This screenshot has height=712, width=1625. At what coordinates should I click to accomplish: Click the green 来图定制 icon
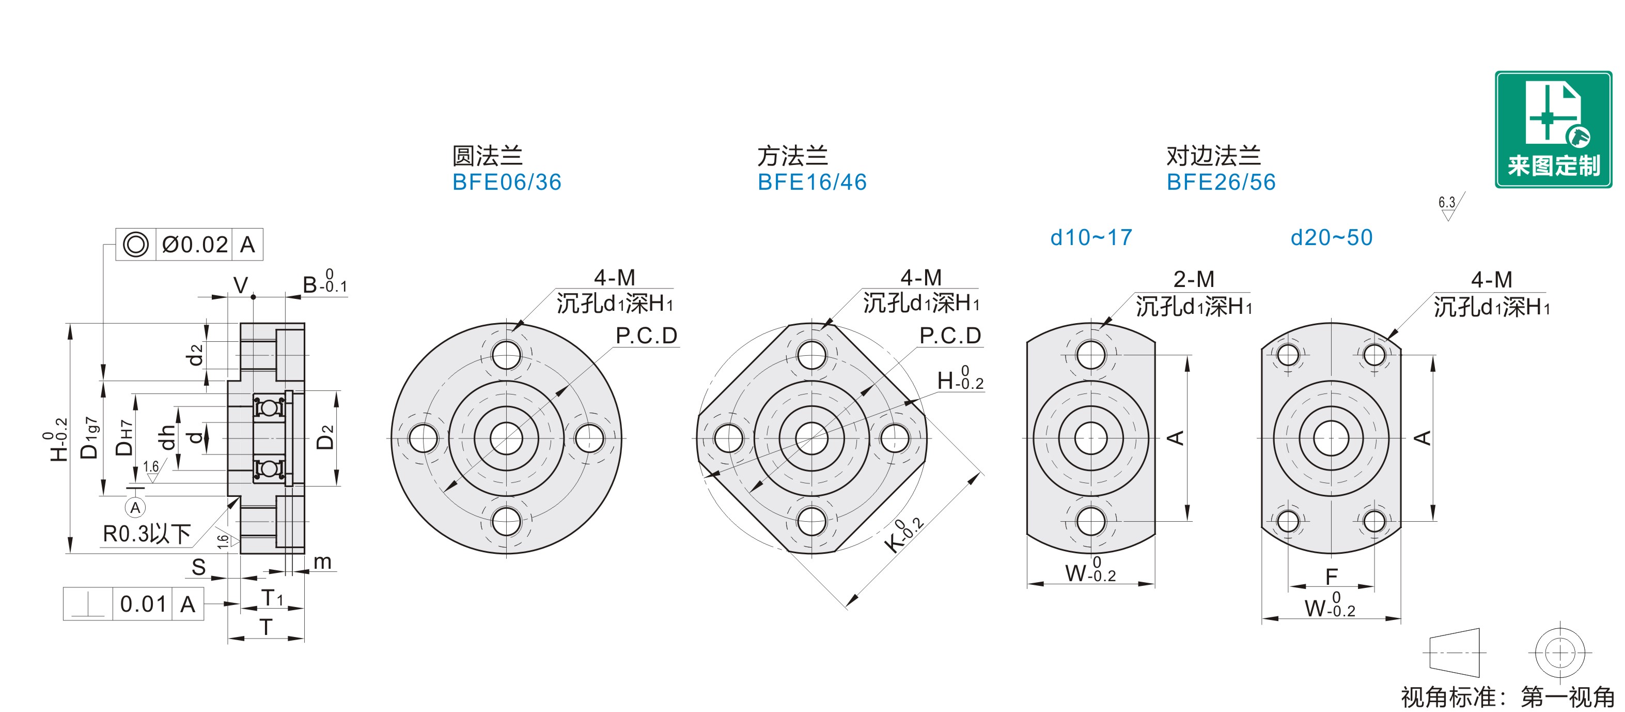(x=1553, y=129)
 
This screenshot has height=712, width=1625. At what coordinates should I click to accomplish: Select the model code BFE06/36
(x=507, y=183)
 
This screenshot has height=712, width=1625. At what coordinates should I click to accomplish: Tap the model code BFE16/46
(x=812, y=183)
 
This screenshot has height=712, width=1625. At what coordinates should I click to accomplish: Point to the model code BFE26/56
(x=1221, y=183)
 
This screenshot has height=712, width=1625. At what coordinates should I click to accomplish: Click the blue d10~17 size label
(x=1091, y=238)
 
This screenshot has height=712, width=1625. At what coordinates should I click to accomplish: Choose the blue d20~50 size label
(x=1332, y=238)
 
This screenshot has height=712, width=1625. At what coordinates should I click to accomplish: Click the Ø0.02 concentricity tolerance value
(x=194, y=244)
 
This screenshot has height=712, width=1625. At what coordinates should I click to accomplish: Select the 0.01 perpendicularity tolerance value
(x=143, y=604)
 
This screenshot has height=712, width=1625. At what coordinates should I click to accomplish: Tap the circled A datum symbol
(x=135, y=507)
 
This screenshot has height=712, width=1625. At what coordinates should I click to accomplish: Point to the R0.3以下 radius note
(x=146, y=534)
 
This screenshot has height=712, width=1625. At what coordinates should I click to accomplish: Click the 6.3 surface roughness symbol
(x=1449, y=207)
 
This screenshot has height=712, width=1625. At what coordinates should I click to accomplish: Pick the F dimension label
(x=1331, y=577)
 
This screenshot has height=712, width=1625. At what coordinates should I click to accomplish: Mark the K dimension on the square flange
(x=903, y=536)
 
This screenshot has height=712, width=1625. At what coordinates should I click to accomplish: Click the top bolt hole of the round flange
(x=506, y=355)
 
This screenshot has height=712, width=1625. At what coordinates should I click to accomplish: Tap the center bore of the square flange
(x=812, y=438)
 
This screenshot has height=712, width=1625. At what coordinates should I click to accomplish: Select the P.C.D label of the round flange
(x=647, y=336)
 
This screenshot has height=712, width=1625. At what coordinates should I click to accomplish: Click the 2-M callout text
(x=1194, y=279)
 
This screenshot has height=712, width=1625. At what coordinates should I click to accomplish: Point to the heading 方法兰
(x=792, y=155)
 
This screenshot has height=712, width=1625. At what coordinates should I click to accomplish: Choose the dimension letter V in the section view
(x=240, y=285)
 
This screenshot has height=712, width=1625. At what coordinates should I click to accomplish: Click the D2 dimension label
(x=325, y=437)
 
